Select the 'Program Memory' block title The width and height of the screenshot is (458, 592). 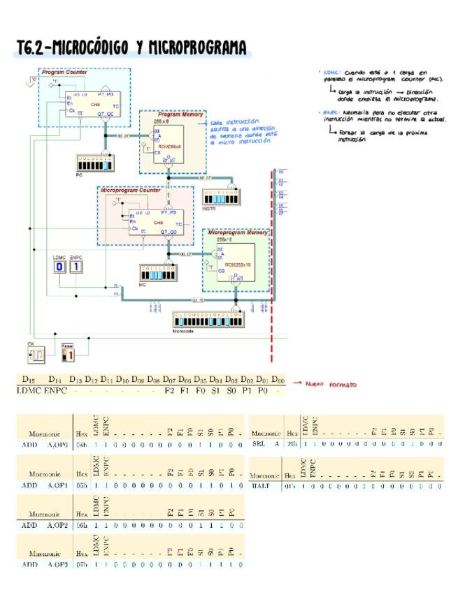(173, 114)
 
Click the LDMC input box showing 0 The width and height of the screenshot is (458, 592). (59, 267)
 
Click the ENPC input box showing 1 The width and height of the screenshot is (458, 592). (76, 267)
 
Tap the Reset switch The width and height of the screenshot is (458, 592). (68, 355)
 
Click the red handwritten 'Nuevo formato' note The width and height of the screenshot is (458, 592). (334, 384)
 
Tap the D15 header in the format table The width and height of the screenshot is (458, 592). (28, 379)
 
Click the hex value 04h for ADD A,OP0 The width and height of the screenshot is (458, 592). (80, 443)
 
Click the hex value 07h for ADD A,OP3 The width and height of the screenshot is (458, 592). (80, 564)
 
